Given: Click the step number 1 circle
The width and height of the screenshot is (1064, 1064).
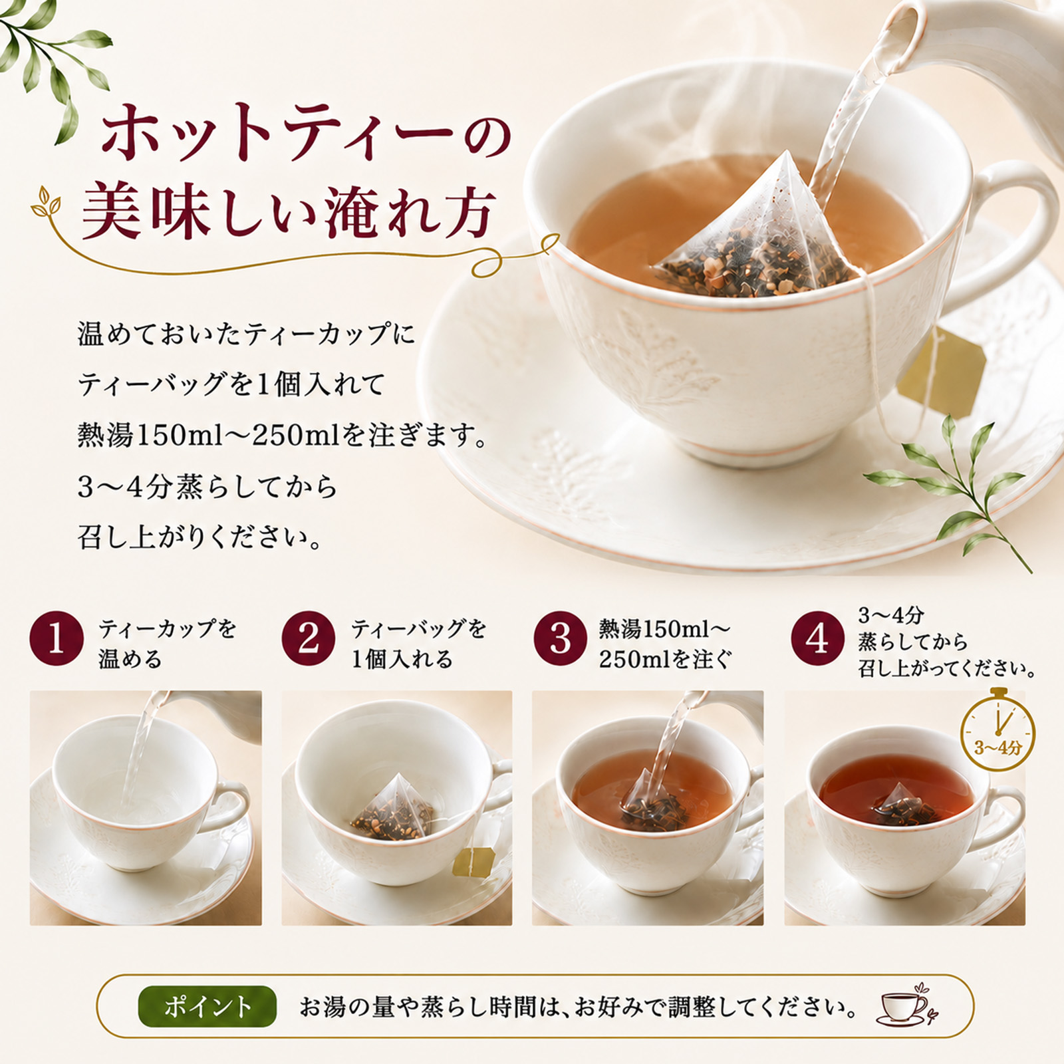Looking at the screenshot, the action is click(57, 640).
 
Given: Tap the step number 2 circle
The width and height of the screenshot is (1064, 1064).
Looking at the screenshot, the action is click(308, 640).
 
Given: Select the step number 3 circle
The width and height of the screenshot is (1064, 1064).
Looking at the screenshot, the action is click(560, 640).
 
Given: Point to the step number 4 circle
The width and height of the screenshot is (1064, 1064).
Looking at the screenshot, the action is click(818, 640).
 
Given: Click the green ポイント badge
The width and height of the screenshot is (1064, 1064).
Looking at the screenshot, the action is click(207, 1005).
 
